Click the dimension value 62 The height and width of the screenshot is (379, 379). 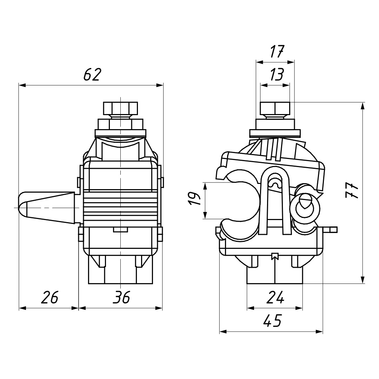[92, 75]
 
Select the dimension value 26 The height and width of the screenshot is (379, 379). [50, 297]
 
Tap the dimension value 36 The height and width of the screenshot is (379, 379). [121, 297]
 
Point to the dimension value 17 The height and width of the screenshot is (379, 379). [277, 52]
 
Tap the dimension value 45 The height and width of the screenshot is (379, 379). [272, 320]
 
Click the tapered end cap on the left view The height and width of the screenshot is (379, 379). [46, 208]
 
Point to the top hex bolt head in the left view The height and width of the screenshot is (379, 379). [120, 108]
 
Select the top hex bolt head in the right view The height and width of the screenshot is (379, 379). [275, 108]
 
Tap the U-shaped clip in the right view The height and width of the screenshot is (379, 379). [275, 201]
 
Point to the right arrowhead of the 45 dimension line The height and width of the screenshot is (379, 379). [319, 331]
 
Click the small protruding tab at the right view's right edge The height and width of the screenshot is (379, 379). [330, 229]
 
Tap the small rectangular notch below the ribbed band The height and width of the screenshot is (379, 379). [120, 230]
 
